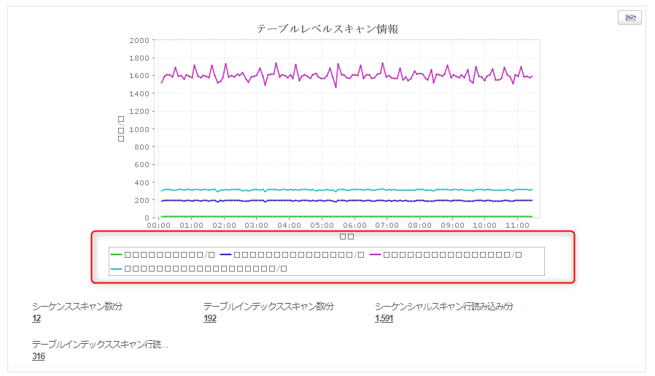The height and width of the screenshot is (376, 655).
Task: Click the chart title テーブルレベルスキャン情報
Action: (327, 29)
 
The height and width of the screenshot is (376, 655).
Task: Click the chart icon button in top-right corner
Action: (629, 18)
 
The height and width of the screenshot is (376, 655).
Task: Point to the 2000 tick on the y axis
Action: (141, 40)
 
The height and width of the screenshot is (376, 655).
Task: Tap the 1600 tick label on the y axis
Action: (141, 76)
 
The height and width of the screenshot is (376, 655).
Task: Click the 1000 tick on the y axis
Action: (141, 129)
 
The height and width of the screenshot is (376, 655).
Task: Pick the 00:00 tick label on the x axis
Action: (159, 226)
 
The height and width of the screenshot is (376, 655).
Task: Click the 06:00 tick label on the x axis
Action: (354, 226)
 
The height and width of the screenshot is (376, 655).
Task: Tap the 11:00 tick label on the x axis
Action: (518, 226)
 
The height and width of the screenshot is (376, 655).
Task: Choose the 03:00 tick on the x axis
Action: (257, 226)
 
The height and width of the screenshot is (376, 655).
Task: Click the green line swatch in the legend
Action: (117, 255)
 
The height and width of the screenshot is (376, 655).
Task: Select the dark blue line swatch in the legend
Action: (225, 255)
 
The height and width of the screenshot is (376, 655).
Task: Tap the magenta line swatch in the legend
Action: (376, 255)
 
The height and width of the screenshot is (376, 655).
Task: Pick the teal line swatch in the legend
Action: (117, 269)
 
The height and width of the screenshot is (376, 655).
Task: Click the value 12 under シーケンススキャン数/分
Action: (36, 319)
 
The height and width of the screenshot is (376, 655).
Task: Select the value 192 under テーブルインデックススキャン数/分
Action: (210, 319)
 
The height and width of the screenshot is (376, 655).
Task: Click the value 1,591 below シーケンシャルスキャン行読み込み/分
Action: (384, 319)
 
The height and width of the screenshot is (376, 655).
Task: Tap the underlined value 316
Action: (39, 356)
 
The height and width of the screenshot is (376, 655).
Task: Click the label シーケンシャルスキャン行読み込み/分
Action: (443, 307)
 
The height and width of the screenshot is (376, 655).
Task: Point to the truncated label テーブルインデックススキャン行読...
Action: (100, 344)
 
